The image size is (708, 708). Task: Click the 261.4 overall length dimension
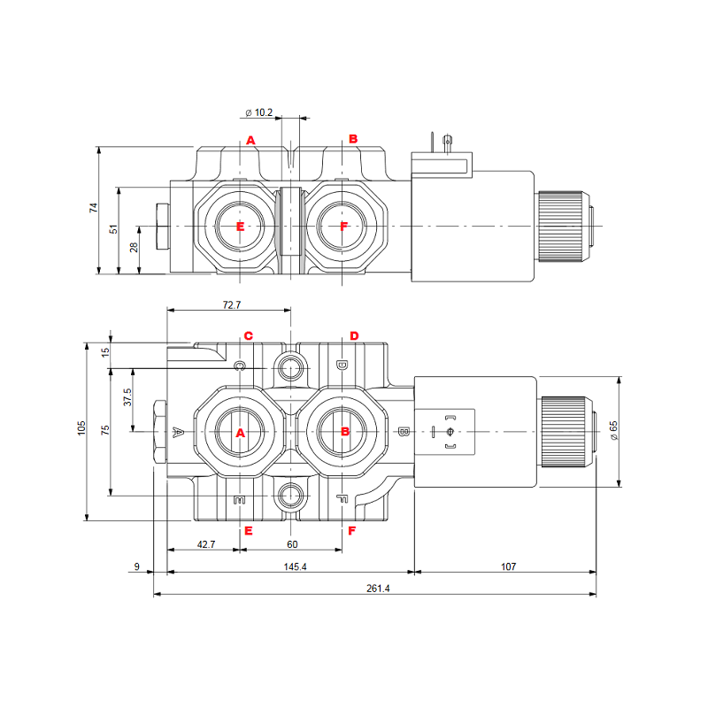pyautogui.click(x=377, y=588)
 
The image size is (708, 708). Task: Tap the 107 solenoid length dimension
pyautogui.click(x=507, y=566)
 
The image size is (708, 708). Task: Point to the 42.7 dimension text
pyautogui.click(x=205, y=544)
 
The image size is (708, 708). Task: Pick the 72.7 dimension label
pyautogui.click(x=231, y=304)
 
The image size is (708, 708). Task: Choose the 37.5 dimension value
pyautogui.click(x=127, y=397)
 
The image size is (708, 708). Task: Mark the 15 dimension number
pyautogui.click(x=105, y=352)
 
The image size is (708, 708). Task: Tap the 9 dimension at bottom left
pyautogui.click(x=137, y=566)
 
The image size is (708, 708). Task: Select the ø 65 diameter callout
pyautogui.click(x=613, y=429)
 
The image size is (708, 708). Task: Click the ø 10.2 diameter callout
pyautogui.click(x=258, y=112)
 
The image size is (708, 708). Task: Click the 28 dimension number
pyautogui.click(x=135, y=248)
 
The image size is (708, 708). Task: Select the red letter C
pyautogui.click(x=249, y=336)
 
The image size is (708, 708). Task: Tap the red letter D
pyautogui.click(x=354, y=336)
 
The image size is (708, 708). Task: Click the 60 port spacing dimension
pyautogui.click(x=291, y=544)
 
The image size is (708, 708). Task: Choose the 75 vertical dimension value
pyautogui.click(x=105, y=430)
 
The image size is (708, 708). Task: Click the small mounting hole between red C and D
pyautogui.click(x=290, y=366)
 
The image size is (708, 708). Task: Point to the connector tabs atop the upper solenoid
pyautogui.click(x=442, y=142)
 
